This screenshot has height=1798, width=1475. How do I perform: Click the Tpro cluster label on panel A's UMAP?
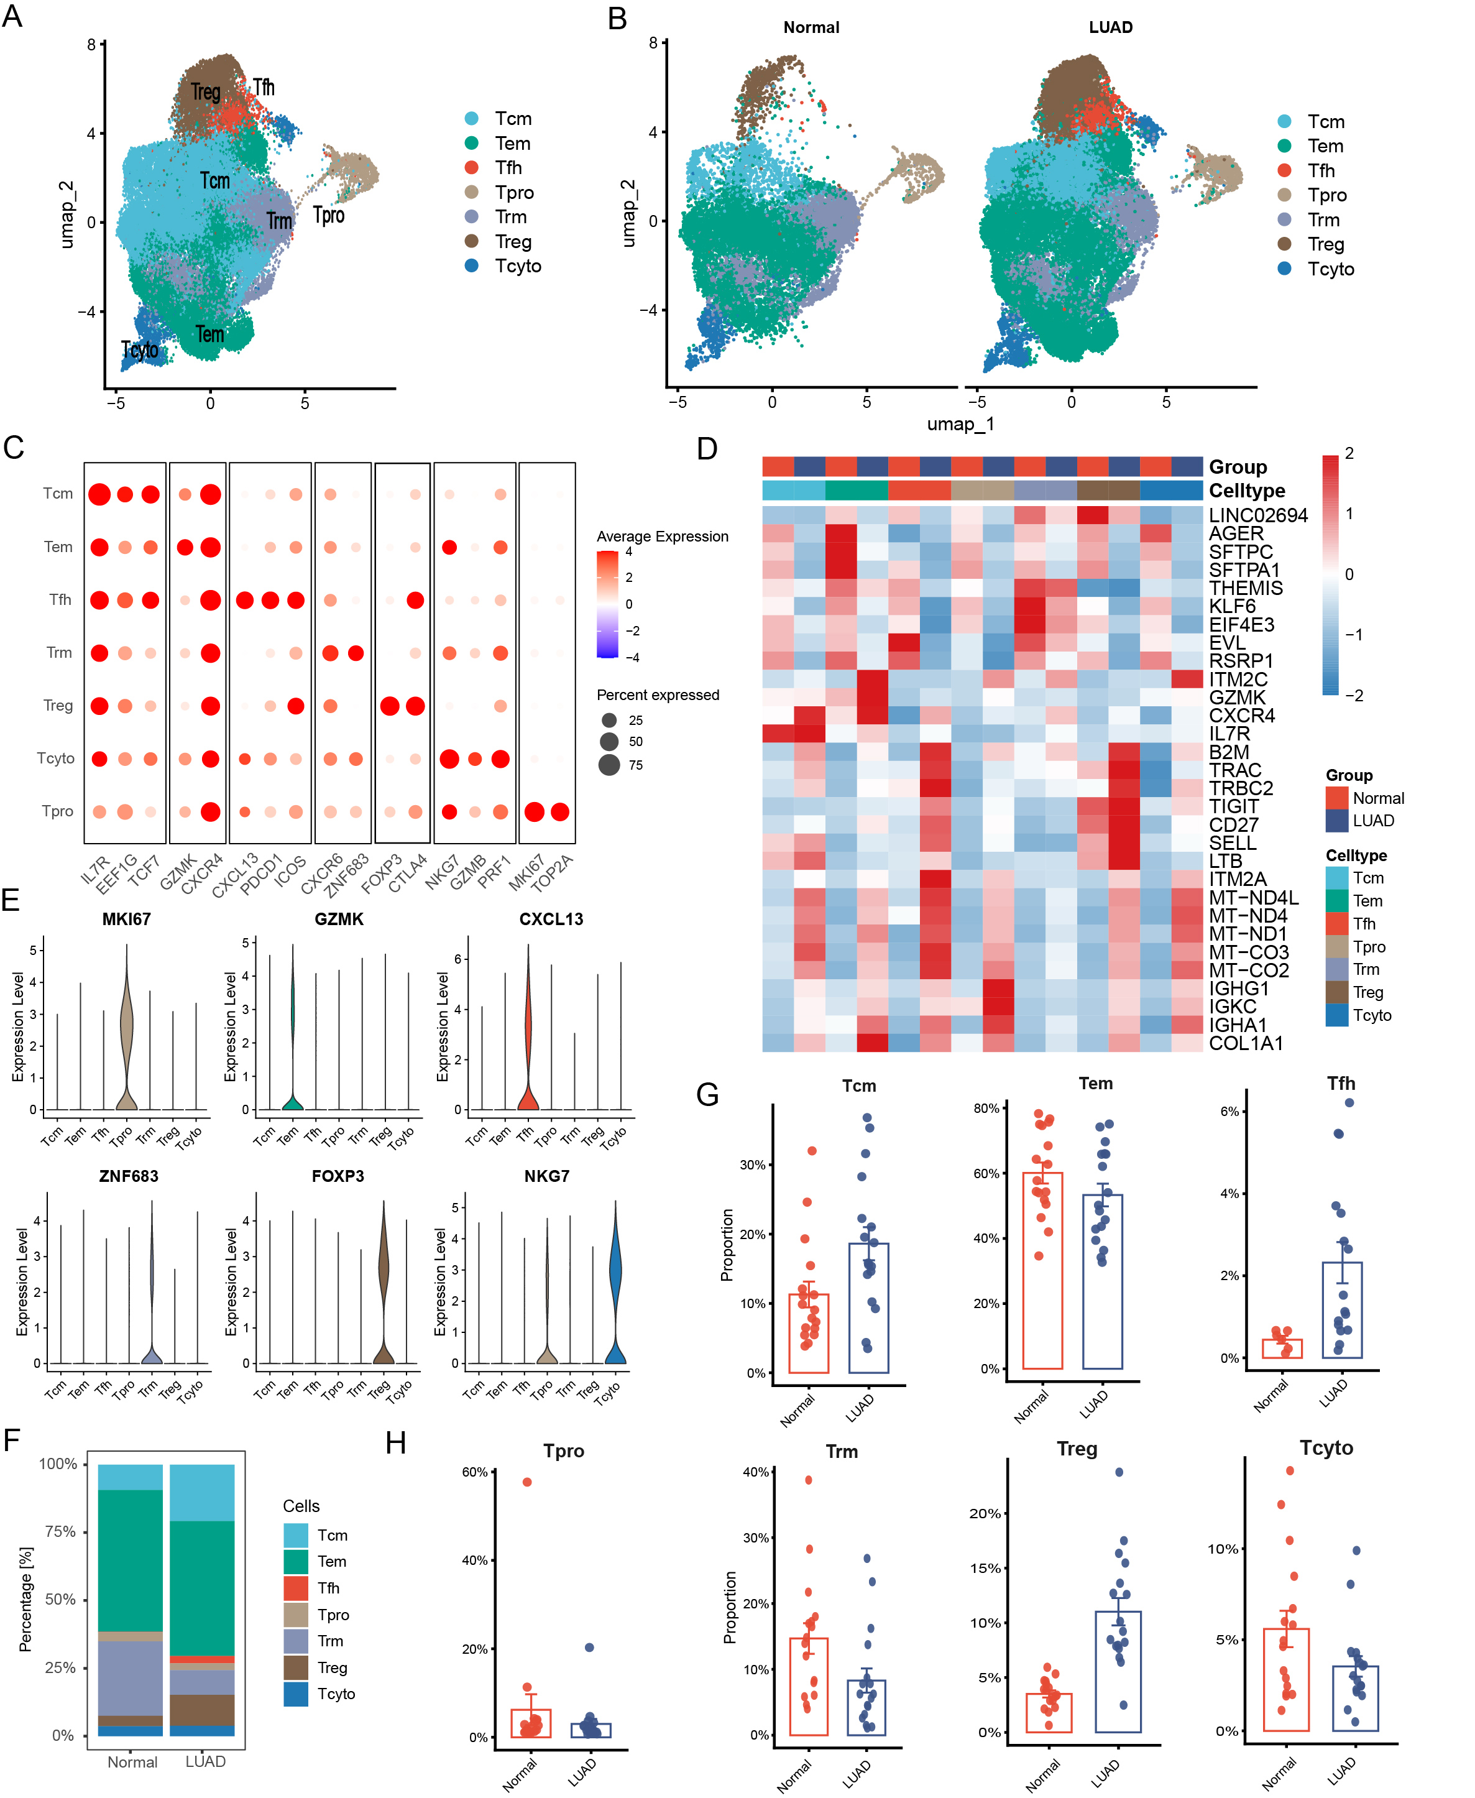pyautogui.click(x=329, y=215)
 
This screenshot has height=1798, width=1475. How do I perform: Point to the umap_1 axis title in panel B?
pyautogui.click(x=960, y=423)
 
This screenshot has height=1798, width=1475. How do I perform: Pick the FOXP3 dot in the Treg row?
pyautogui.click(x=390, y=706)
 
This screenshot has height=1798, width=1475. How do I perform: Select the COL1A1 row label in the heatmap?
pyautogui.click(x=1246, y=1043)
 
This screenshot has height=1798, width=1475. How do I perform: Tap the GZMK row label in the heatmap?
pyautogui.click(x=1237, y=698)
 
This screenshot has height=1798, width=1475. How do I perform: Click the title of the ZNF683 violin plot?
pyautogui.click(x=128, y=1176)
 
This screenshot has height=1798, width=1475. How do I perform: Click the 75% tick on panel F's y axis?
pyautogui.click(x=60, y=1531)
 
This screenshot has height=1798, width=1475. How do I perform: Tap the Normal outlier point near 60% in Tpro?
pyautogui.click(x=527, y=1482)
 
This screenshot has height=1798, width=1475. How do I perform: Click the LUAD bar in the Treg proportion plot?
pyautogui.click(x=1118, y=1671)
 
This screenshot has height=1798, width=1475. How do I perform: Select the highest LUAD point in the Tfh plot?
pyautogui.click(x=1349, y=1103)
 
